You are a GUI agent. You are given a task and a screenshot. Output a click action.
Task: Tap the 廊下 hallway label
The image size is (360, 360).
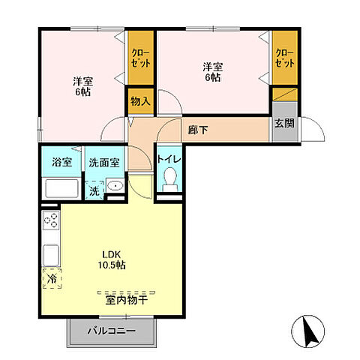(x=199, y=128)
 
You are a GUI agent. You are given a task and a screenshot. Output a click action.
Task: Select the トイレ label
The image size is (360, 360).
(x=167, y=158)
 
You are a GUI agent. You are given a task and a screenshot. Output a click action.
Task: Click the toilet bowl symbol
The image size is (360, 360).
(x=169, y=178)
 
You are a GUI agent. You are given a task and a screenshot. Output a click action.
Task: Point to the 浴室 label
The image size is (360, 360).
(x=61, y=161)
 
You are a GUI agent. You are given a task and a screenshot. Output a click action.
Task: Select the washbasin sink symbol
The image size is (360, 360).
(x=115, y=186)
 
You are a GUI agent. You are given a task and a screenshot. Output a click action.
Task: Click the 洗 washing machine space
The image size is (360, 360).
(x=94, y=191)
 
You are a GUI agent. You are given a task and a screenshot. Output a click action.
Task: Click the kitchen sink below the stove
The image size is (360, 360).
(x=51, y=251)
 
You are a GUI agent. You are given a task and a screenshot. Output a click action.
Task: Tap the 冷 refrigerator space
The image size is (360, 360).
(x=51, y=277)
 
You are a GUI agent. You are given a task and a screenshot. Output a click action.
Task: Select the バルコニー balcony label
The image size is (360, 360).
(x=111, y=330)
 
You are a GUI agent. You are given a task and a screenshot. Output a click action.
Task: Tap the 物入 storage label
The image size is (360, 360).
(x=139, y=100)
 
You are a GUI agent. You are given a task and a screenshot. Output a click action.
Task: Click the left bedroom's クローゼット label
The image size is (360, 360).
(x=139, y=58)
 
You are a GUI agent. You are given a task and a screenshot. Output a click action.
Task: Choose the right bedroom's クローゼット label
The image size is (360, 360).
(x=283, y=58)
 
